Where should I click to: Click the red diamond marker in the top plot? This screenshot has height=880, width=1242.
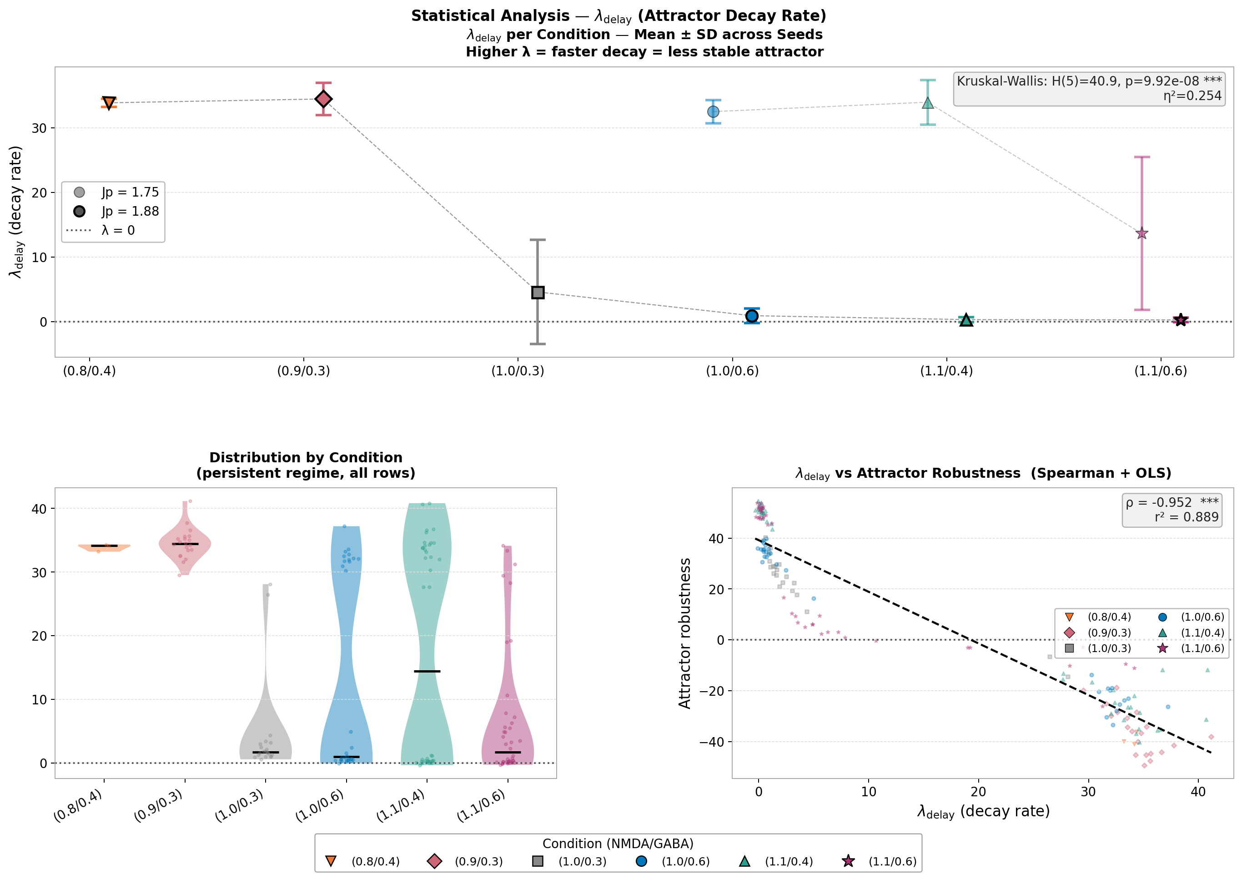pyautogui.click(x=323, y=99)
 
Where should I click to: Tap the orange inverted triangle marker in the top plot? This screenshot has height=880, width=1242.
pyautogui.click(x=109, y=103)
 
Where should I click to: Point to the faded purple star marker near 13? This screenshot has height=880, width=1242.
pyautogui.click(x=1142, y=233)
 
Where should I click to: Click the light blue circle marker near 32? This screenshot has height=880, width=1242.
pyautogui.click(x=714, y=111)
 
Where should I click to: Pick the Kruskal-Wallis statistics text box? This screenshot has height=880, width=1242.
pyautogui.click(x=1089, y=89)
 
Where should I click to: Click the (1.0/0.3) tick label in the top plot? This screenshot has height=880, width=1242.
pyautogui.click(x=518, y=371)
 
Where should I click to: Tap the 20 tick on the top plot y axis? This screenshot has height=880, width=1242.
pyautogui.click(x=40, y=193)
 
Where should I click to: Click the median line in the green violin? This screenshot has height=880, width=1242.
pyautogui.click(x=427, y=672)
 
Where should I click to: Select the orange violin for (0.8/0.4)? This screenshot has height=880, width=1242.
pyautogui.click(x=104, y=547)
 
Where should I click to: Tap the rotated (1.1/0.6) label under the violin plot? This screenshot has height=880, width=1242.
pyautogui.click(x=482, y=806)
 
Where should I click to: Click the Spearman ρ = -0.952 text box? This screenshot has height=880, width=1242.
pyautogui.click(x=1172, y=510)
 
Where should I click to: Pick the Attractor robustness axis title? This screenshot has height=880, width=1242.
pyautogui.click(x=685, y=633)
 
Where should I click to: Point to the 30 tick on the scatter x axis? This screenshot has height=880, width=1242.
pyautogui.click(x=1088, y=792)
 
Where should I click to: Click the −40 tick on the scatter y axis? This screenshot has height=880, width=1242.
pyautogui.click(x=711, y=742)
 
